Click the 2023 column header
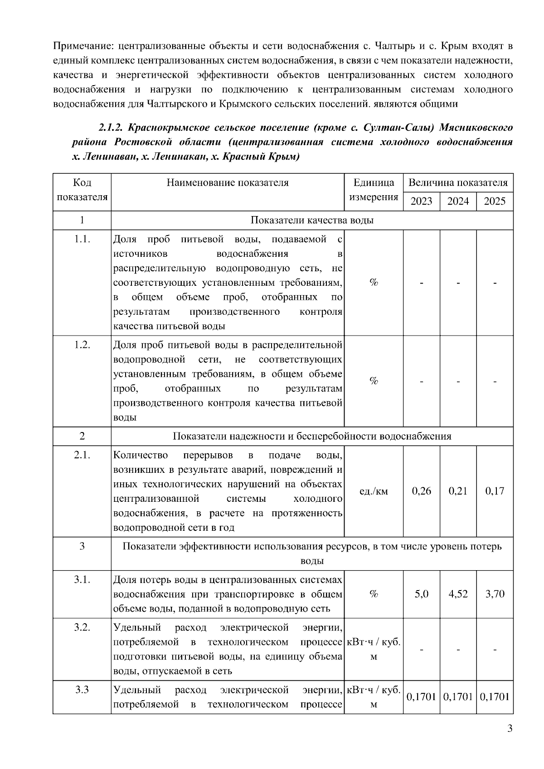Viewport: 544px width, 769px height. pos(421,201)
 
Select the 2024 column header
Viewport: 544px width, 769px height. pos(458,201)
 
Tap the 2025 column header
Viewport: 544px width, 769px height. pos(495,201)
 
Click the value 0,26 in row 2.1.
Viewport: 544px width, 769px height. pos(421,491)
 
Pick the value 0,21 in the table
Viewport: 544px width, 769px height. pos(458,491)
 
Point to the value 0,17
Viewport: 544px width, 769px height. pos(495,491)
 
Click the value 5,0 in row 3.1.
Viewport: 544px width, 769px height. pos(421,594)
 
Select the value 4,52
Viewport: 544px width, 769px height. pos(458,594)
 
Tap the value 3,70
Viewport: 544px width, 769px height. pos(495,594)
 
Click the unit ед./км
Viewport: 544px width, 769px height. pos(374,491)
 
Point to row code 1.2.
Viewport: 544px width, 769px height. pos(82,345)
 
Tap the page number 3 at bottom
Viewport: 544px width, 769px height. pos(510,741)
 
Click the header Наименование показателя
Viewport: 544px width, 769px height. pos(228,183)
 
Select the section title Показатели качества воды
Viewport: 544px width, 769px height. pos(312,220)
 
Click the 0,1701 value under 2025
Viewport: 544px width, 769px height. pos(495,697)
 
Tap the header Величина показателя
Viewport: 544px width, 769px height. pos(458,183)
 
